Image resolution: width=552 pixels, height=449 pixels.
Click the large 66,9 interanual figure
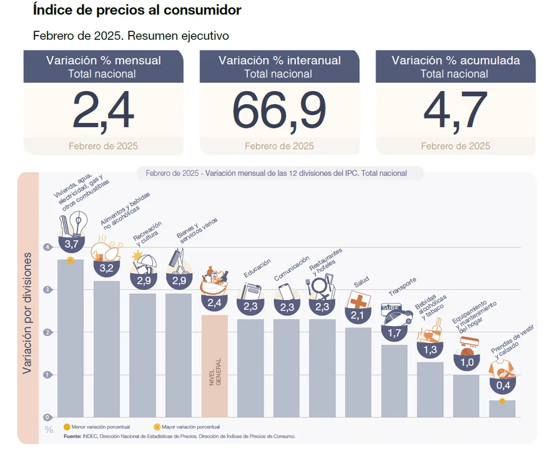pyautogui.click(x=279, y=110)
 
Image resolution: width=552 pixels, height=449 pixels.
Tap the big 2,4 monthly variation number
pyautogui.click(x=103, y=110)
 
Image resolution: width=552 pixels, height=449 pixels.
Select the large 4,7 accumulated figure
pyautogui.click(x=455, y=110)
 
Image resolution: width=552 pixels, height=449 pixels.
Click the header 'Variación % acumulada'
pyautogui.click(x=455, y=60)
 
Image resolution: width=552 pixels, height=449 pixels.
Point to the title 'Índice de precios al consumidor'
pyautogui.click(x=137, y=11)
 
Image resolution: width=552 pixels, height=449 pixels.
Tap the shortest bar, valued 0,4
pyautogui.click(x=502, y=408)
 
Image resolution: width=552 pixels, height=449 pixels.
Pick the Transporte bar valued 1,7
pyautogui.click(x=394, y=380)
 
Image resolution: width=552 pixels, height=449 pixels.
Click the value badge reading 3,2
pyautogui.click(x=106, y=268)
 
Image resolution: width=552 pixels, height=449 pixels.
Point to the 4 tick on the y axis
pyautogui.click(x=47, y=247)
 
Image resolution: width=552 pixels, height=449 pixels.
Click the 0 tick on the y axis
pyautogui.click(x=47, y=417)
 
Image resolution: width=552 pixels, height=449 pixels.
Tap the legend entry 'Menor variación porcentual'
pyautogui.click(x=100, y=427)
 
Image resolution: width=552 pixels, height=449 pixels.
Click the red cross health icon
pyautogui.click(x=358, y=301)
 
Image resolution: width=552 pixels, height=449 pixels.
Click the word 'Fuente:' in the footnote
pyautogui.click(x=73, y=436)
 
